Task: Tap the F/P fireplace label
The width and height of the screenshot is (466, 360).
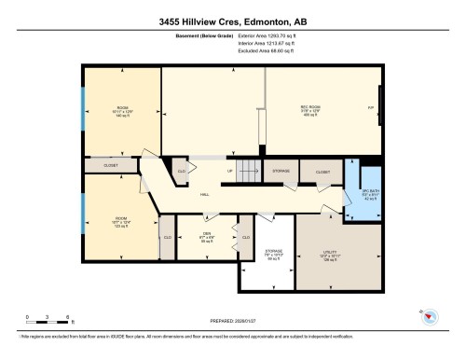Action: click(x=371, y=109)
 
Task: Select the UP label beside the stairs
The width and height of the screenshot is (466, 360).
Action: click(x=229, y=172)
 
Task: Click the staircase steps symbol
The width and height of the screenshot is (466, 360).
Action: click(x=247, y=171)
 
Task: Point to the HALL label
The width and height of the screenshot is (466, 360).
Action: click(x=204, y=194)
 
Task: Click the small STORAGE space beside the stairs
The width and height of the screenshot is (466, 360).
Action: click(x=281, y=172)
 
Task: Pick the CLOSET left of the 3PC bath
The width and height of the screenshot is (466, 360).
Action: click(x=322, y=173)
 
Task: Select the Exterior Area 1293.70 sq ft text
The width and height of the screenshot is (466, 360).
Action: click(x=268, y=43)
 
